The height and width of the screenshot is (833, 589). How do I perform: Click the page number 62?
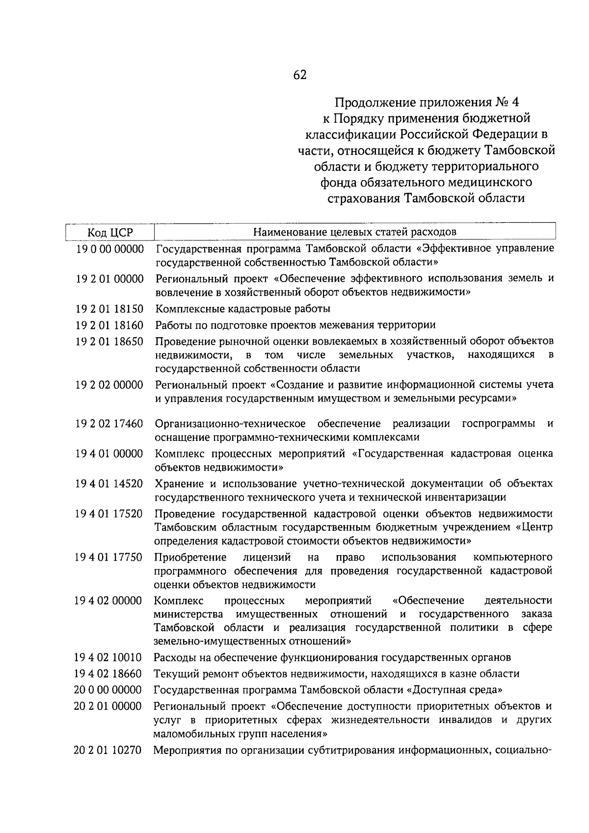pyautogui.click(x=299, y=75)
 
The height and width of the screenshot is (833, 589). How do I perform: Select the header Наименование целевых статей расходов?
pyautogui.click(x=354, y=231)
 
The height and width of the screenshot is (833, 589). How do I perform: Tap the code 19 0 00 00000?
pyautogui.click(x=110, y=249)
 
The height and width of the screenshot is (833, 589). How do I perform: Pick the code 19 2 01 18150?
pyautogui.click(x=110, y=309)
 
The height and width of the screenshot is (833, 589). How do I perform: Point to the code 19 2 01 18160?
pyautogui.click(x=110, y=325)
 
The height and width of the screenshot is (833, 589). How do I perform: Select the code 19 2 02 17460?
pyautogui.click(x=110, y=424)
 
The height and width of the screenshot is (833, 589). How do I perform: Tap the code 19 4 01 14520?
pyautogui.click(x=109, y=484)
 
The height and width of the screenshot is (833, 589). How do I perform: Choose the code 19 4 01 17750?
pyautogui.click(x=109, y=558)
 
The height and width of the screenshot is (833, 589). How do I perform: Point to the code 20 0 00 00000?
pyautogui.click(x=108, y=690)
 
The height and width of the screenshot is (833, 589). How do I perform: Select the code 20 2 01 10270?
pyautogui.click(x=108, y=750)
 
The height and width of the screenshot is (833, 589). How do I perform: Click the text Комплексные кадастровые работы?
pyautogui.click(x=243, y=309)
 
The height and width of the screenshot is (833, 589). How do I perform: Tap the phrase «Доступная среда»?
pyautogui.click(x=455, y=690)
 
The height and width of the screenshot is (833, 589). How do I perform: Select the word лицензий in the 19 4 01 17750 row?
pyautogui.click(x=267, y=558)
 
